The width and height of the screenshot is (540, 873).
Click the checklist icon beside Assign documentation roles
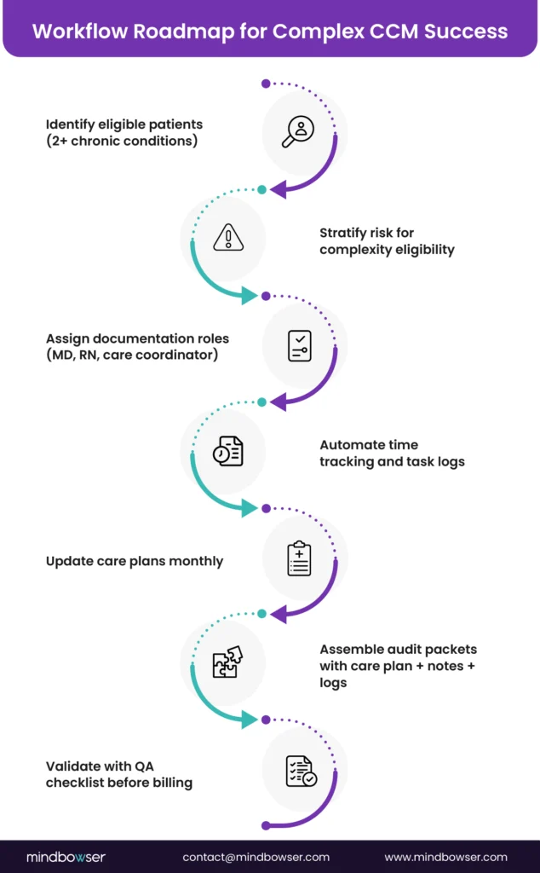pos(300,345)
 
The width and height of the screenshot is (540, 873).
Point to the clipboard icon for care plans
pos(300,558)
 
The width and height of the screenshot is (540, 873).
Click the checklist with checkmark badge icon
pos(301,771)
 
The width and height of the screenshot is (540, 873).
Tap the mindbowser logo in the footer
pos(66,857)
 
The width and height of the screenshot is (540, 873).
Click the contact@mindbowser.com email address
pos(256,857)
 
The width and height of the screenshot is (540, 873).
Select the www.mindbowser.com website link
pos(445,857)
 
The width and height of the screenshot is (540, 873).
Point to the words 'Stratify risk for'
pos(366,232)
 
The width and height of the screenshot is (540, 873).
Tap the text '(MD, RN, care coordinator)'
pos(132,354)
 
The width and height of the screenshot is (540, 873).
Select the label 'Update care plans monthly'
pos(135,561)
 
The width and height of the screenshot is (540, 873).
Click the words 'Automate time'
pos(369,444)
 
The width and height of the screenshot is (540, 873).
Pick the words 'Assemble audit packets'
pos(398,650)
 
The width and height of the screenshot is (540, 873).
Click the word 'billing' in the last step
pos(169,783)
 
